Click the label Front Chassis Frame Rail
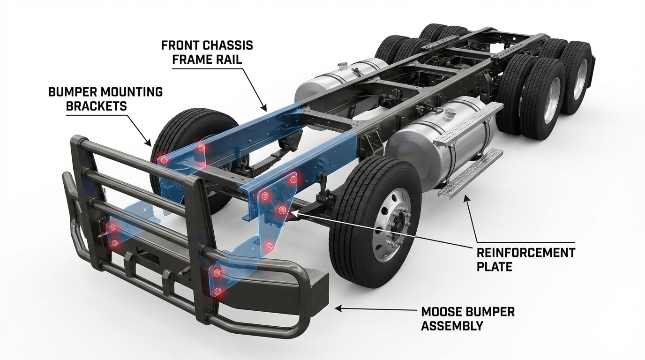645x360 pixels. click(207, 52)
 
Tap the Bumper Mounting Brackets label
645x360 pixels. click(105, 98)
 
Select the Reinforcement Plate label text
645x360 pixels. click(525, 260)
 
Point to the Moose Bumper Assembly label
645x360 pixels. click(467, 318)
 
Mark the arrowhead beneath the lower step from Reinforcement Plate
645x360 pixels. click(465, 197)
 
